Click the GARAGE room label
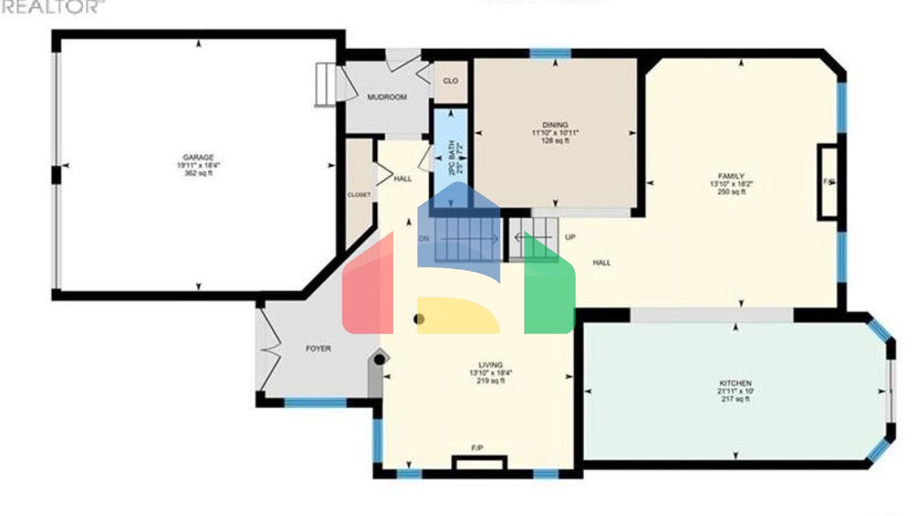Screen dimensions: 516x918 (x=198, y=158)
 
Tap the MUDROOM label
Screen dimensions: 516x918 (x=387, y=97)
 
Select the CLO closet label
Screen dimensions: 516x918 (x=451, y=81)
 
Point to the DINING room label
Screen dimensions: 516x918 (x=555, y=125)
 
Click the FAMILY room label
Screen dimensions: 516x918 (x=731, y=176)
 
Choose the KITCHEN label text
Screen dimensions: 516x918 (x=735, y=383)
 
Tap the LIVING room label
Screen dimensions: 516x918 (x=491, y=365)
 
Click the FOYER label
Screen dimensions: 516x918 (x=318, y=348)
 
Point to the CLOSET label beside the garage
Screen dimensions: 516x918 (x=359, y=195)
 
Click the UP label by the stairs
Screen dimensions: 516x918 (x=570, y=237)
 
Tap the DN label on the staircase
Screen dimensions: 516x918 (x=424, y=238)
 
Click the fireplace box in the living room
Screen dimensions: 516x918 (x=479, y=463)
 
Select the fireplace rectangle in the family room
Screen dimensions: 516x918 (x=828, y=182)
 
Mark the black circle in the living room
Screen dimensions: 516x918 (x=419, y=319)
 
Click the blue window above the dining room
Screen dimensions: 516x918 (x=550, y=54)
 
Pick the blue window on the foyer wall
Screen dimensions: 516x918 (x=316, y=403)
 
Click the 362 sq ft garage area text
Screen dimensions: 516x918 (x=198, y=173)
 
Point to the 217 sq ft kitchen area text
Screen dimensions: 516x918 (x=735, y=399)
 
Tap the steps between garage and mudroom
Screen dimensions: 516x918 (x=323, y=85)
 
